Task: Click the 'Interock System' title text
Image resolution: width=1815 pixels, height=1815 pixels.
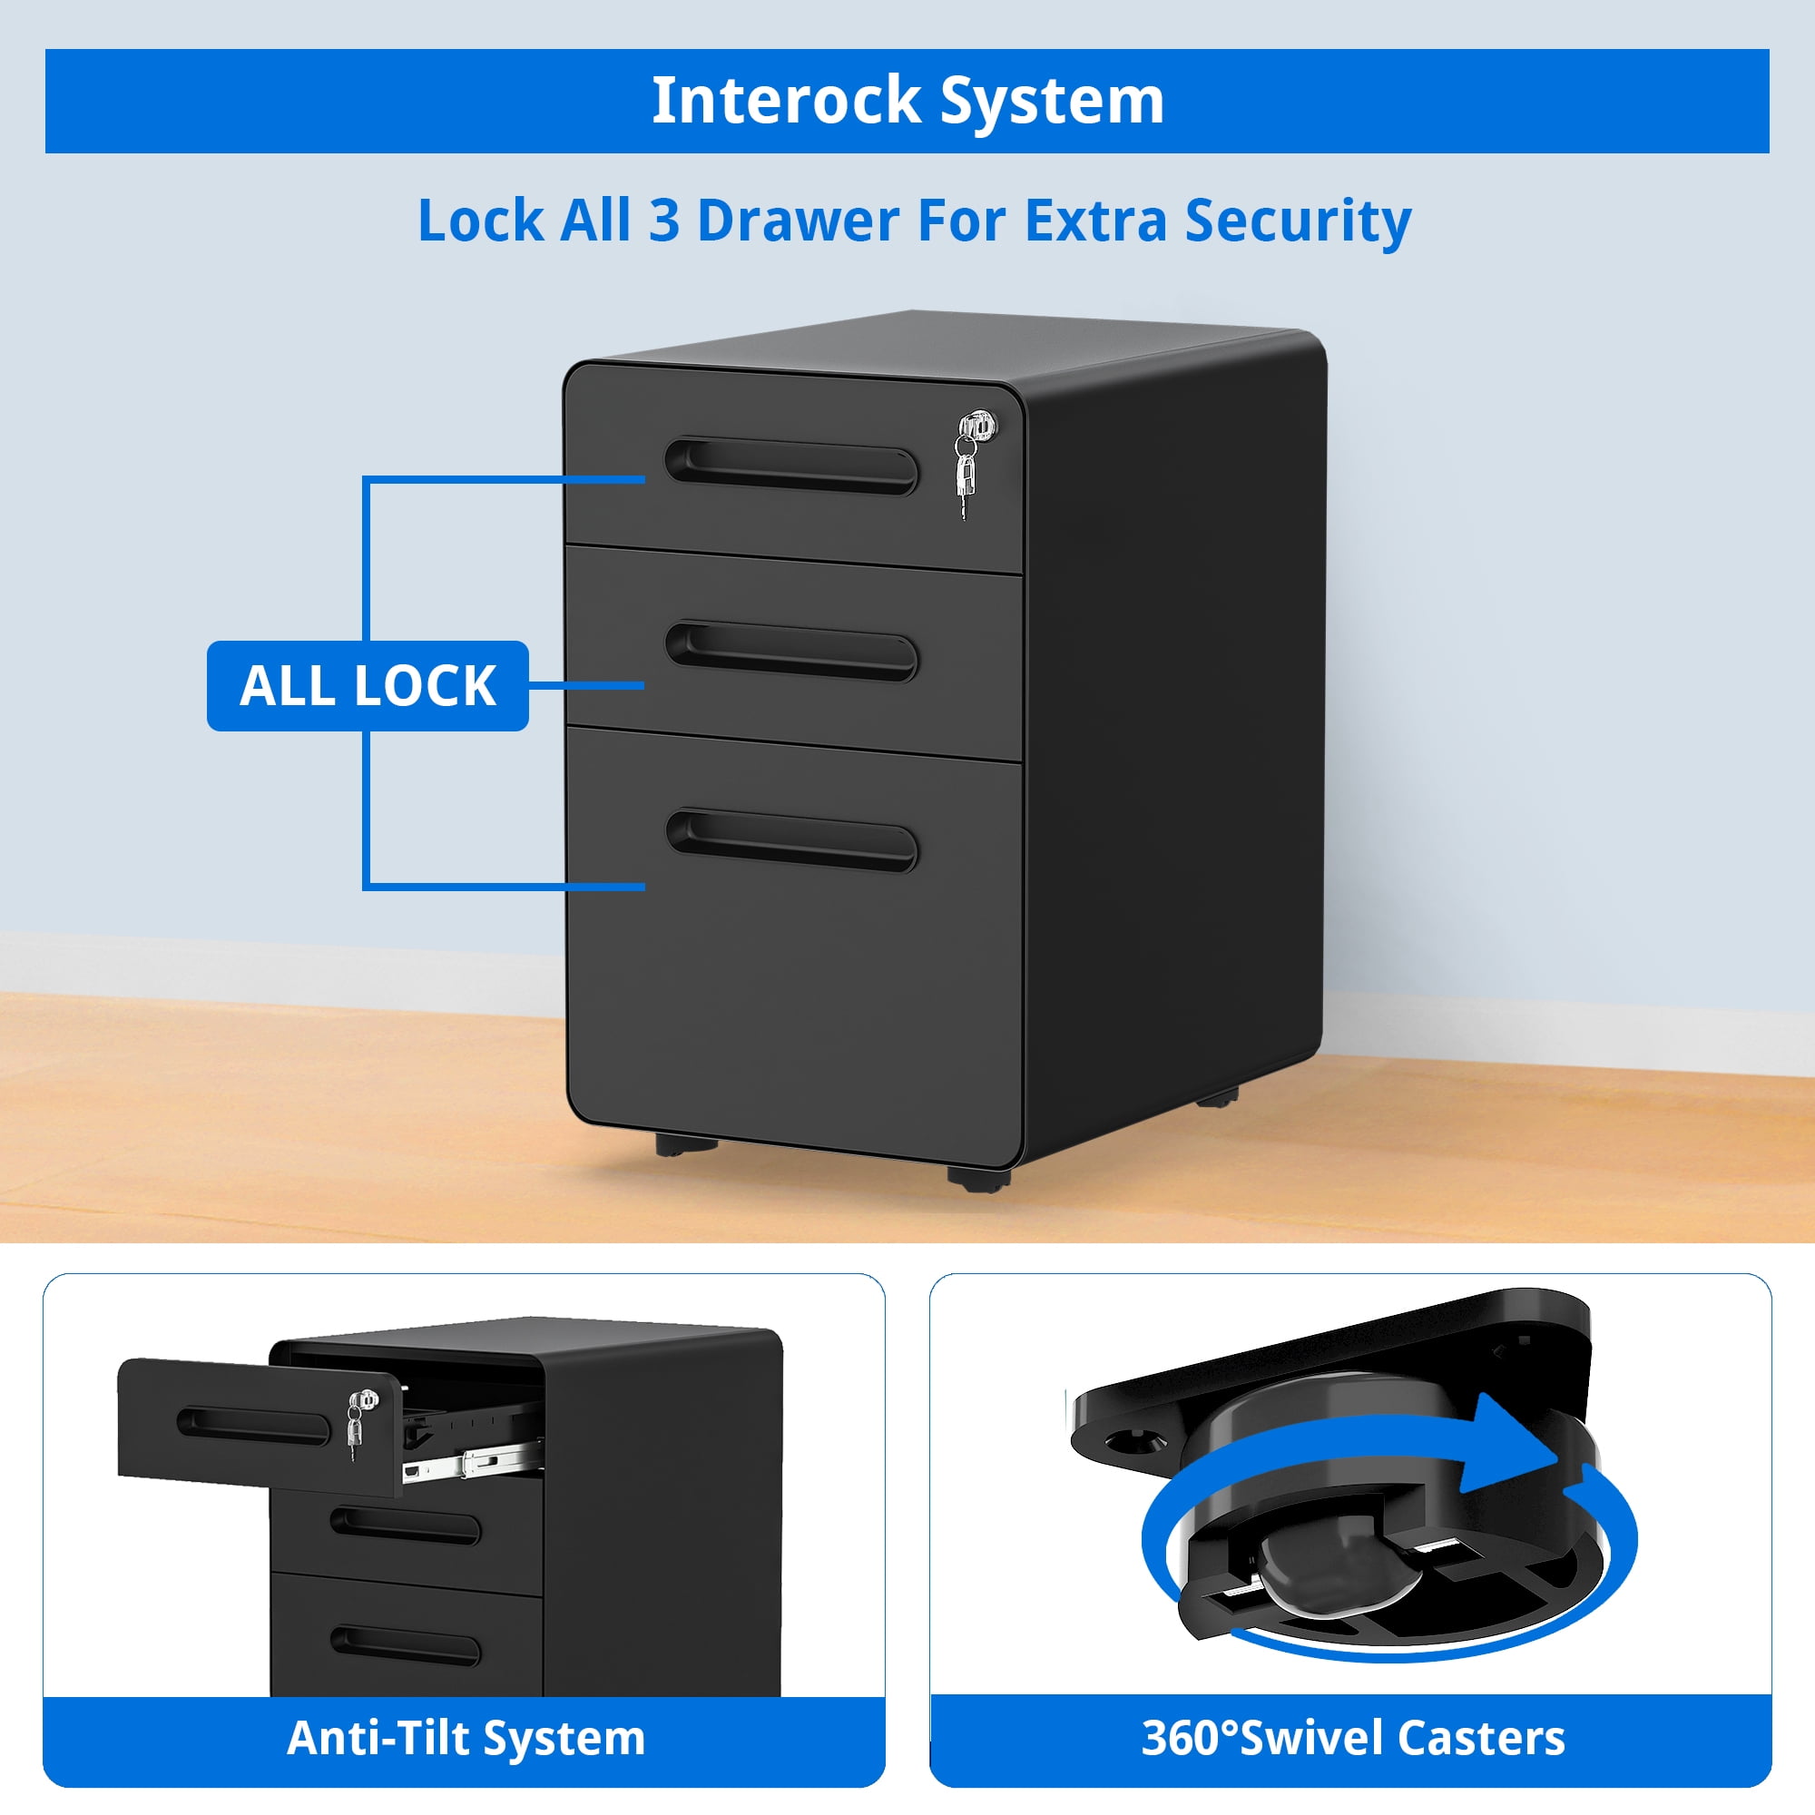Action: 907,101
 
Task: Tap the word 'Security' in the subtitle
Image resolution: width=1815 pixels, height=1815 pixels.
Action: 1298,221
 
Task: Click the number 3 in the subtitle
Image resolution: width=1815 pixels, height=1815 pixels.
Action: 663,221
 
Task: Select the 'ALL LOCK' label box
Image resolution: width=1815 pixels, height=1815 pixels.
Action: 368,686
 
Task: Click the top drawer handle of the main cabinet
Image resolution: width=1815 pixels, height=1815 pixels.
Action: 791,466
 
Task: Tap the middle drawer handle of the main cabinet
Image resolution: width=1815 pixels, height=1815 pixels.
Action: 791,651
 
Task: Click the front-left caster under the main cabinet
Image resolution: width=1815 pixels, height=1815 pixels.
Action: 686,1145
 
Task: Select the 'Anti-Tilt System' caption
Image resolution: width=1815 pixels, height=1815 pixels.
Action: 466,1738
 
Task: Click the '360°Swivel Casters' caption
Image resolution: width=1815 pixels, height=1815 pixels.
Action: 1353,1738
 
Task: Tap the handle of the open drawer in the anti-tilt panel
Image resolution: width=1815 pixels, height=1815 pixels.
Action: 254,1427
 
